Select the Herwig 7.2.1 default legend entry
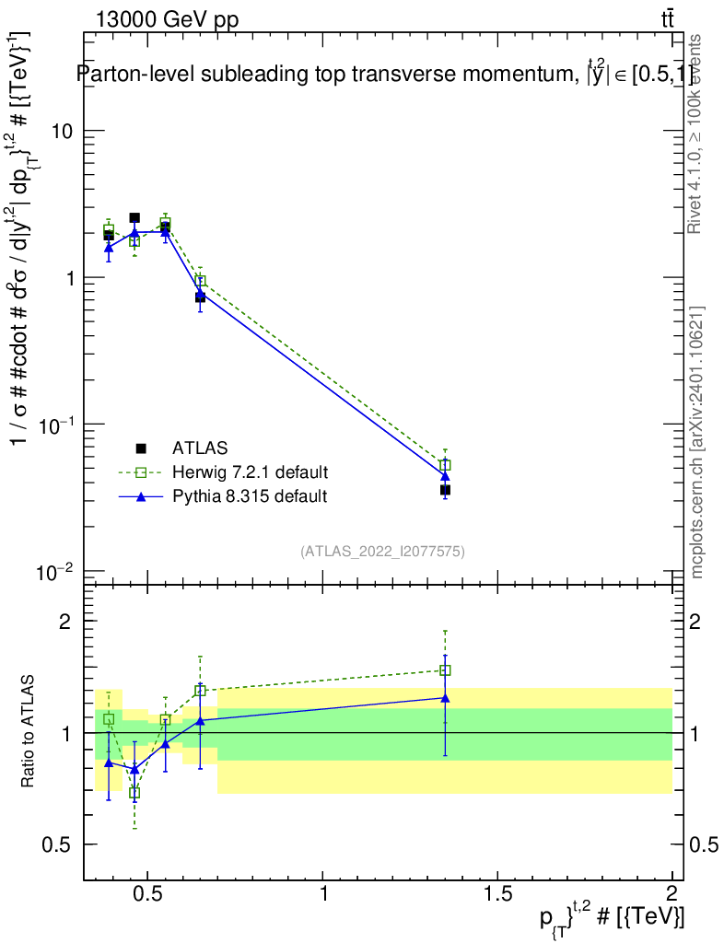coord(250,472)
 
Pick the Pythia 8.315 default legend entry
coord(249,496)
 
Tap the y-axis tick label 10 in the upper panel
coord(61,131)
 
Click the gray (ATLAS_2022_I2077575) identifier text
coord(382,552)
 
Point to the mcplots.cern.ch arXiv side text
coord(698,442)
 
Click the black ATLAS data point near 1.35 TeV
coord(445,490)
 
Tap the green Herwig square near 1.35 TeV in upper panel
coord(445,465)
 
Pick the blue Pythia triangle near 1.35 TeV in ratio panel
coord(445,698)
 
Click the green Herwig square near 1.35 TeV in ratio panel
coord(445,670)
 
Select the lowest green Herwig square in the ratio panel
coord(134,792)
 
